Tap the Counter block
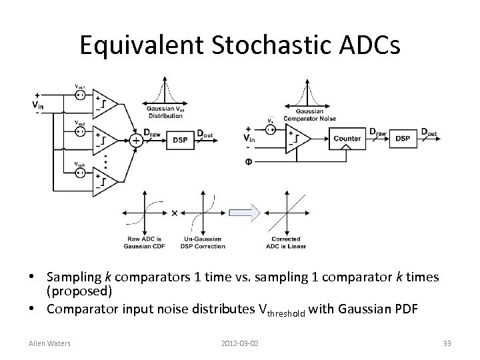347,139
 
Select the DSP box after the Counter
402,139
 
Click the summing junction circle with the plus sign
135,140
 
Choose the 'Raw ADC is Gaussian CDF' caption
142,242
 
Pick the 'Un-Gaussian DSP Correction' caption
202,242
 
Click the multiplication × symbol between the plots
174,213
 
